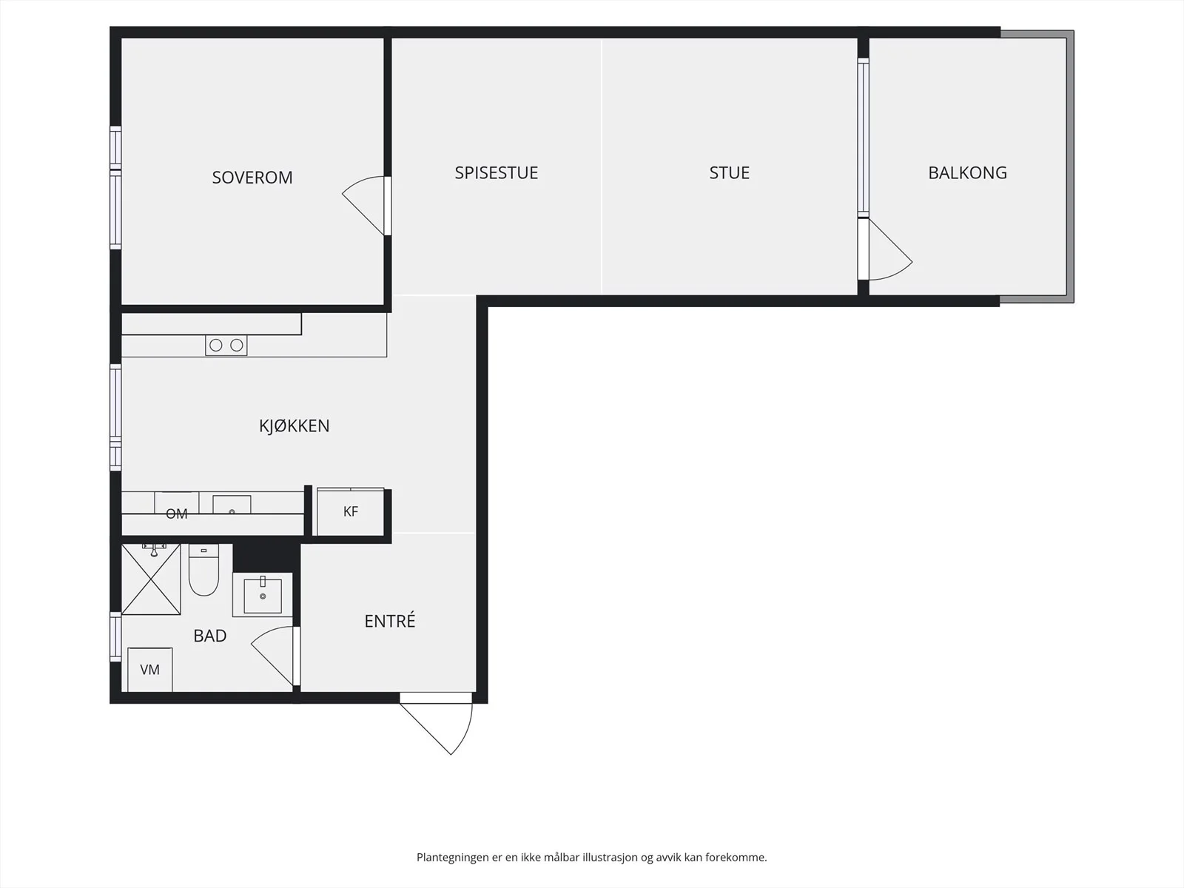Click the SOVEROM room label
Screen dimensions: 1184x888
pyautogui.click(x=252, y=178)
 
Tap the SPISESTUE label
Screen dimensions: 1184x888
pyautogui.click(x=497, y=172)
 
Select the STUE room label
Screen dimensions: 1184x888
pyautogui.click(x=730, y=172)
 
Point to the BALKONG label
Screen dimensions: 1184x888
pyautogui.click(x=967, y=172)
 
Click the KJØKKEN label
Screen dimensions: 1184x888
pyautogui.click(x=294, y=426)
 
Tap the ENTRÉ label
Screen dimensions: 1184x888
pyautogui.click(x=390, y=621)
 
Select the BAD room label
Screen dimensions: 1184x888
pyautogui.click(x=210, y=636)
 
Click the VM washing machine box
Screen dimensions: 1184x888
pyautogui.click(x=150, y=670)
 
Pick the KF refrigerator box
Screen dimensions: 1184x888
pyautogui.click(x=351, y=511)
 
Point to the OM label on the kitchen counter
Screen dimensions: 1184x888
pyautogui.click(x=176, y=514)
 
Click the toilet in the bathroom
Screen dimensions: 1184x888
pyautogui.click(x=203, y=570)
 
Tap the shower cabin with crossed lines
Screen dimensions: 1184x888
pyautogui.click(x=151, y=579)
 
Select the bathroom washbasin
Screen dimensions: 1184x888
pyautogui.click(x=263, y=595)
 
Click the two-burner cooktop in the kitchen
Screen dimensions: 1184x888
pyautogui.click(x=226, y=345)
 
